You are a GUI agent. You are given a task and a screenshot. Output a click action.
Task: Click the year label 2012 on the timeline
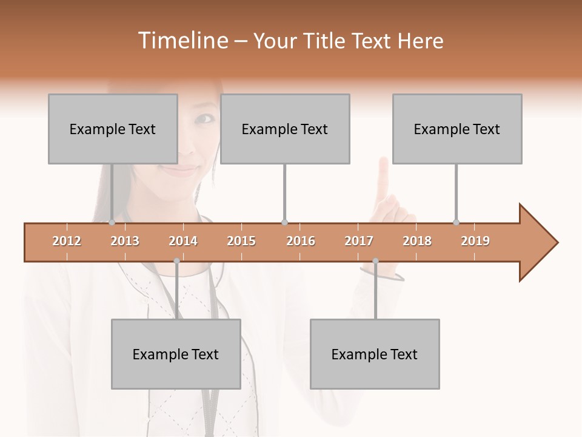(x=67, y=241)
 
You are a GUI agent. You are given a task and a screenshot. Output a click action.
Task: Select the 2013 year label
(x=125, y=241)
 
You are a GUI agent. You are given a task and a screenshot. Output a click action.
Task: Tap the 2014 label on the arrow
(x=183, y=241)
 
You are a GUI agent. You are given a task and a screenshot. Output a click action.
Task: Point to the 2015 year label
(x=241, y=241)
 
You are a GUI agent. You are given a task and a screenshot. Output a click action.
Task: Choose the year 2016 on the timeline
(x=301, y=241)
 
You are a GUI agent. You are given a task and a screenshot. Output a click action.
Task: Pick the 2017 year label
(x=359, y=241)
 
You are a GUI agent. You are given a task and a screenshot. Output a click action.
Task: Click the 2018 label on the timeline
(x=417, y=241)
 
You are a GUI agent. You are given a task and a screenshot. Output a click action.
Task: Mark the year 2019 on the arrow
(x=475, y=241)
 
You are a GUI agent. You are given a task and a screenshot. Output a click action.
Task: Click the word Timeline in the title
(x=181, y=41)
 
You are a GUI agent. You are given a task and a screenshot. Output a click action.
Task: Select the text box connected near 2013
(x=113, y=129)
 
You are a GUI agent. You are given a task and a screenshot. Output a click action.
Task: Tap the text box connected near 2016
(x=285, y=129)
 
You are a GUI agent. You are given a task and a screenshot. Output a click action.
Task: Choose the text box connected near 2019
(x=457, y=129)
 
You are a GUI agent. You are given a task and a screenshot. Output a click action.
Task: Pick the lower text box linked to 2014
(x=176, y=354)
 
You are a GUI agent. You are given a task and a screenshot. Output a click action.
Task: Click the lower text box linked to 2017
(x=375, y=354)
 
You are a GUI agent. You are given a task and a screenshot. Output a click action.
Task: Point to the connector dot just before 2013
(x=112, y=222)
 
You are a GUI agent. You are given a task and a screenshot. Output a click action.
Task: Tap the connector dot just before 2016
(x=284, y=222)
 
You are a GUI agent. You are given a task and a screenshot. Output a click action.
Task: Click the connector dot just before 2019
(x=457, y=222)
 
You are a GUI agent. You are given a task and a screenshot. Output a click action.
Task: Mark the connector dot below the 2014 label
(x=176, y=261)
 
